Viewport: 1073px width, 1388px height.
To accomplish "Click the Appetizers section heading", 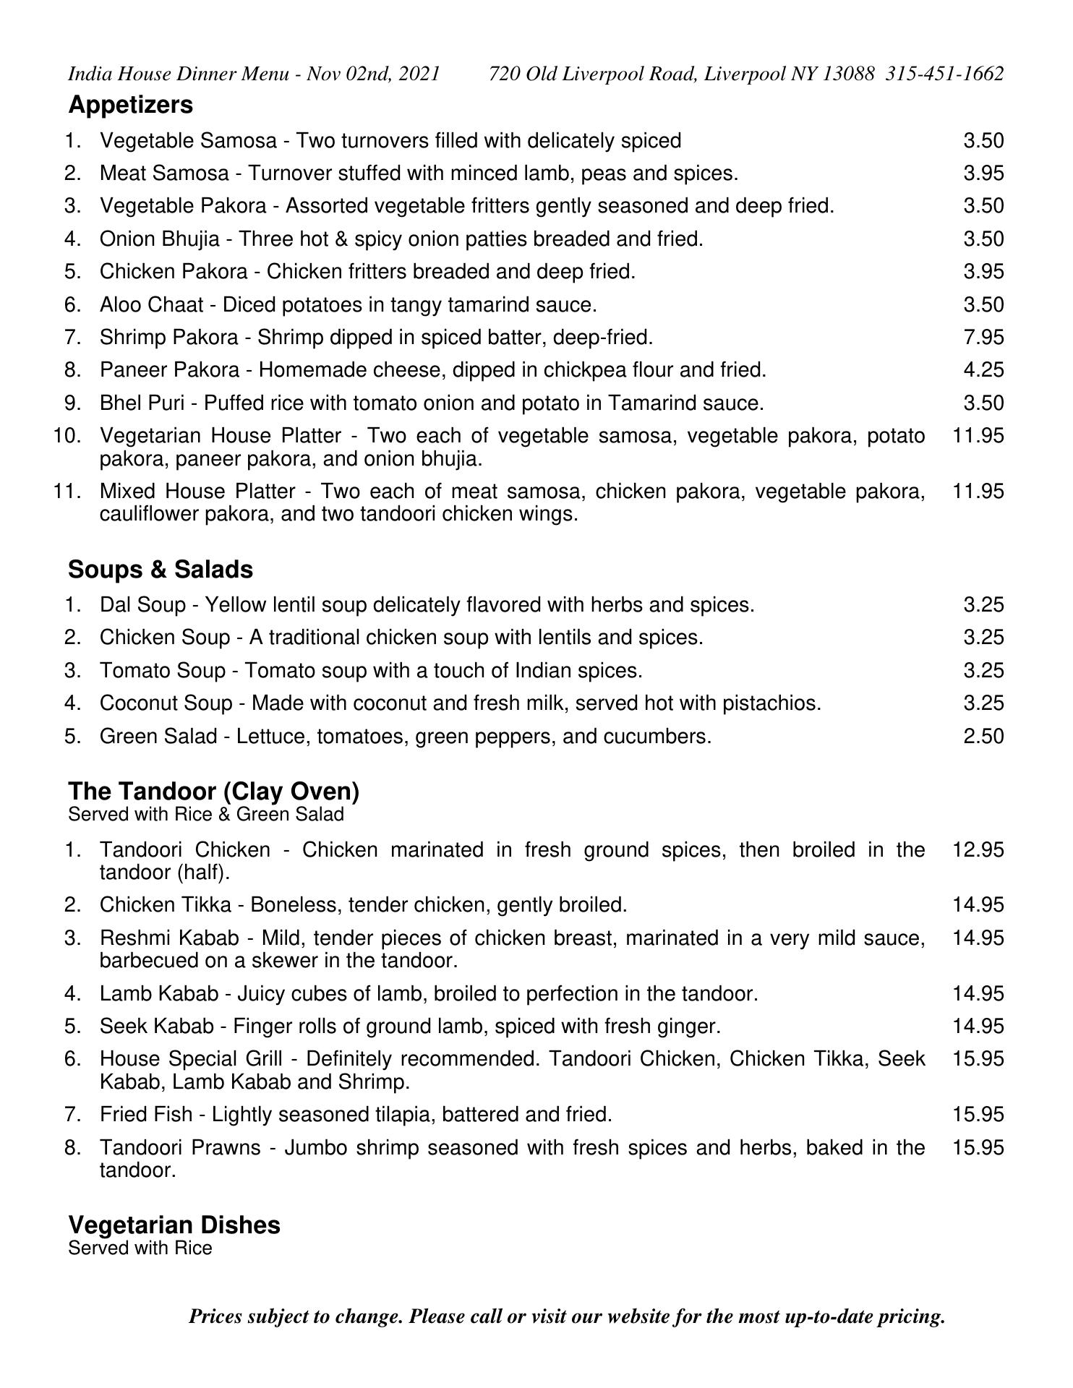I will click(130, 105).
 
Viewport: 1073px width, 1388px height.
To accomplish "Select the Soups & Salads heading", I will click(161, 570).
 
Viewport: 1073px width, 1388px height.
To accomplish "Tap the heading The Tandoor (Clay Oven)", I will click(213, 791).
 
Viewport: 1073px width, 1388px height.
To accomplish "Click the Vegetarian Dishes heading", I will click(174, 1225).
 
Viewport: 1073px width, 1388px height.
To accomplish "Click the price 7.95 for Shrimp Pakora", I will click(983, 337).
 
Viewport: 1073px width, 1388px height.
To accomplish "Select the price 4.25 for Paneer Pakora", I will click(983, 370).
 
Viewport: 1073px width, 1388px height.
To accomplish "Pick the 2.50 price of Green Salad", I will click(983, 737).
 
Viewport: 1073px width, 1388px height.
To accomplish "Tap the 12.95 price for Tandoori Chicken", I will click(978, 849).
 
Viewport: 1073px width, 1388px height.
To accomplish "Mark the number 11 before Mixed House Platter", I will click(67, 492).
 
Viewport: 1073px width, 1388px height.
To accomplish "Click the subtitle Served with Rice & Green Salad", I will click(205, 815).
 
